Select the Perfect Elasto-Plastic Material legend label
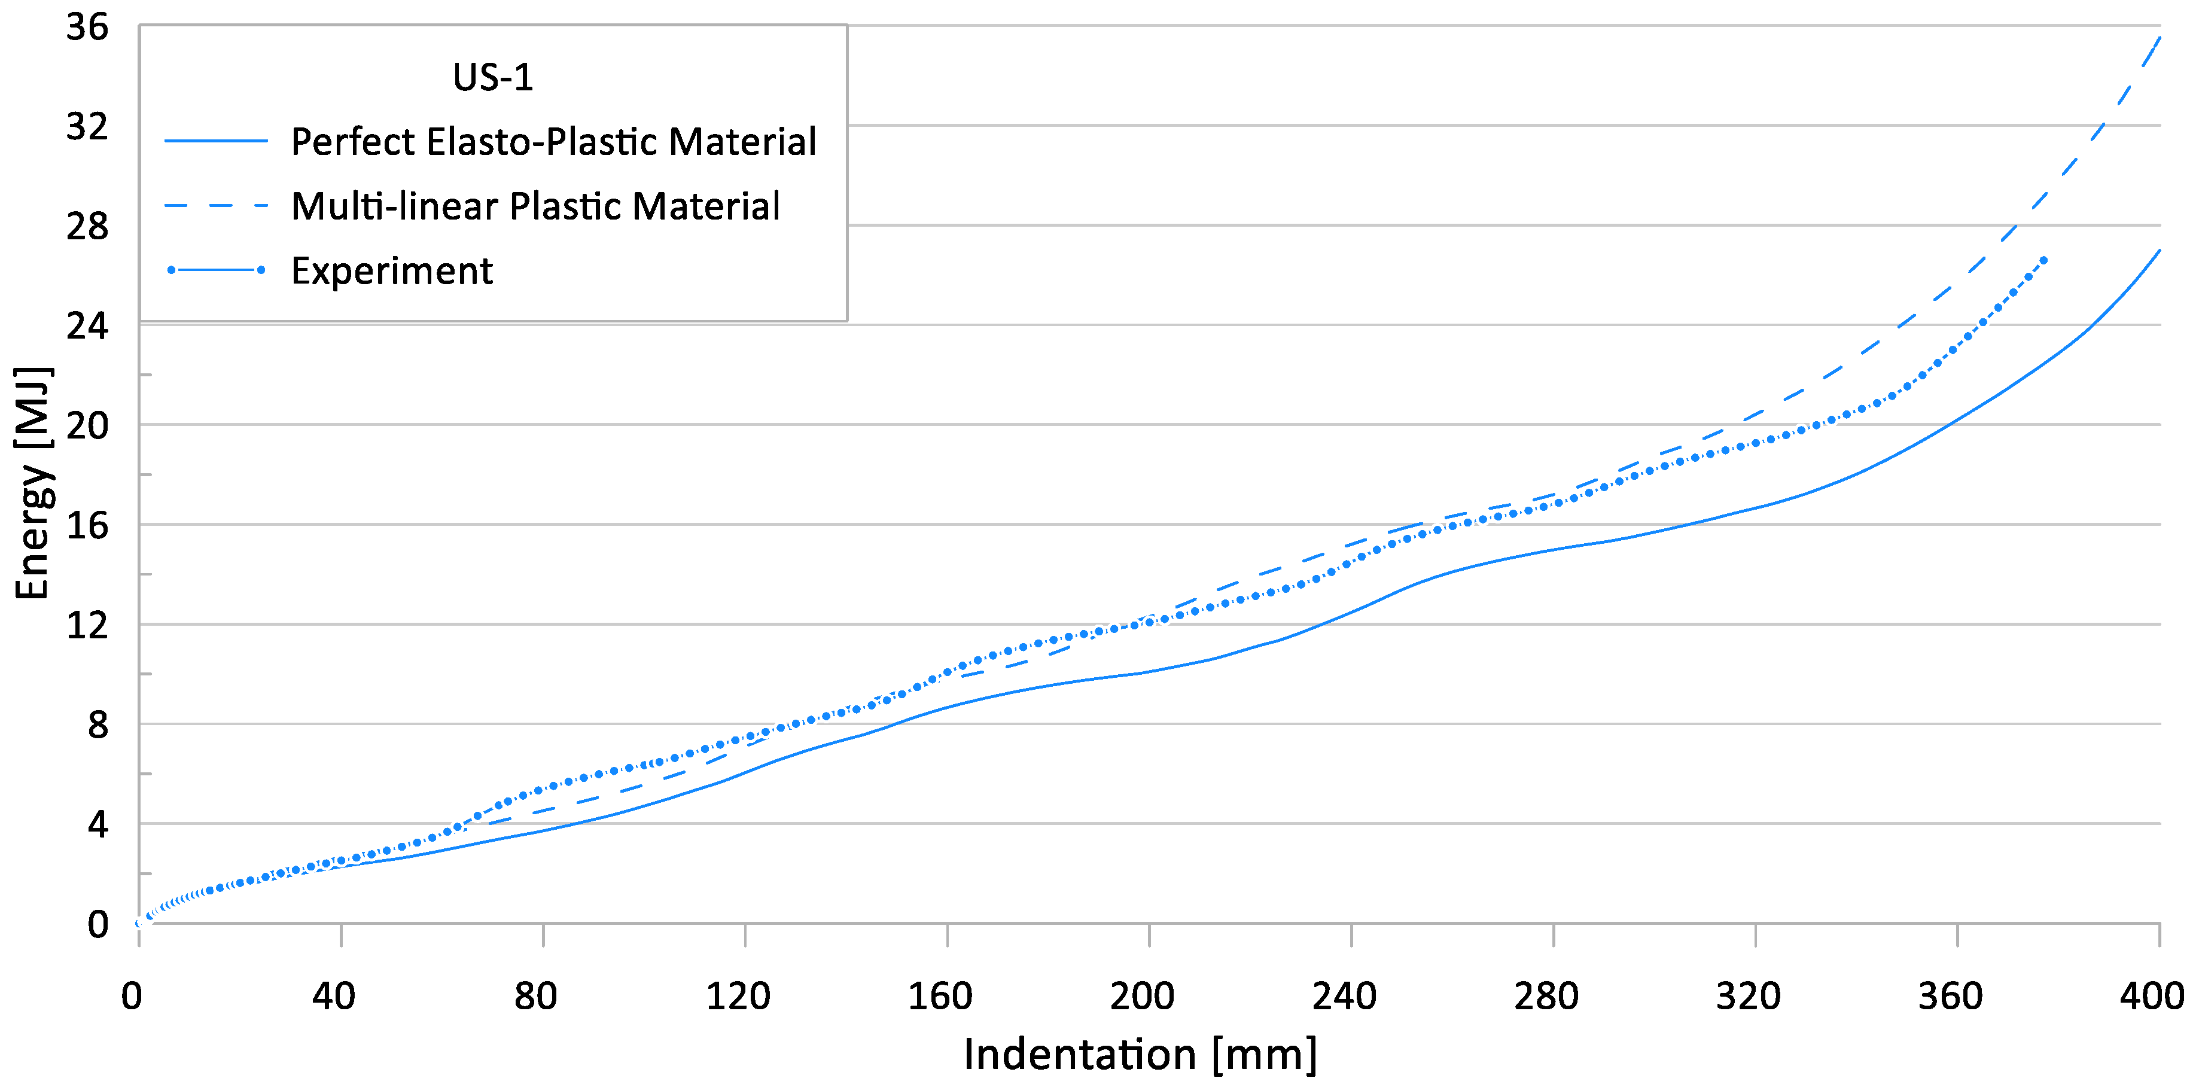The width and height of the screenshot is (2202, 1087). pos(553,141)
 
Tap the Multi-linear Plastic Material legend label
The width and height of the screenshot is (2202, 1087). pos(535,206)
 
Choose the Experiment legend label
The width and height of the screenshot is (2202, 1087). pos(391,271)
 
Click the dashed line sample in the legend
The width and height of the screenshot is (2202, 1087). pos(215,206)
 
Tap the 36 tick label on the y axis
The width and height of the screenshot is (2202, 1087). pos(87,28)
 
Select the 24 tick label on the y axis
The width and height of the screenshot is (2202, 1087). pos(87,325)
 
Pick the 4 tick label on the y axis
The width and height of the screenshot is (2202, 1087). pos(98,824)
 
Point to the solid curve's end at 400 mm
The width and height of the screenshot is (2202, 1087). pos(2160,251)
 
